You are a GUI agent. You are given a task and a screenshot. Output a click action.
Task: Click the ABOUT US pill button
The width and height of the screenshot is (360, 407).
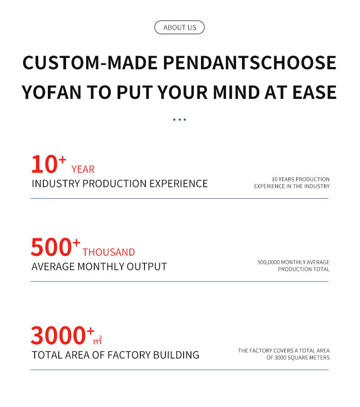pos(180,27)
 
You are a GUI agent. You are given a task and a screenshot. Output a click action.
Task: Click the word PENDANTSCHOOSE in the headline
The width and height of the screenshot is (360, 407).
pos(250,63)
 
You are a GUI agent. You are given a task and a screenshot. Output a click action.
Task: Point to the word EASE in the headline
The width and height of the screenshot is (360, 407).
pos(314,93)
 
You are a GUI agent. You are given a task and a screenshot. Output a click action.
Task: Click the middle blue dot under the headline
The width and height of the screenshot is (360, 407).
pos(180,120)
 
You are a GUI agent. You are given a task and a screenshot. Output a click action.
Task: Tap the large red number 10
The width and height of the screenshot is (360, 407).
pos(44,165)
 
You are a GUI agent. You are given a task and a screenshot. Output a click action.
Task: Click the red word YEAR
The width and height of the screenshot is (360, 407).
pos(83,170)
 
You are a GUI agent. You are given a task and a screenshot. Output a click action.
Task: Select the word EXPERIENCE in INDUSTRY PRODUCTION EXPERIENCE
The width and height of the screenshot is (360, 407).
pos(179,184)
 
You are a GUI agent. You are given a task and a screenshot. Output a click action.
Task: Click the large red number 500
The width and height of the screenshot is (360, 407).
pos(51,247)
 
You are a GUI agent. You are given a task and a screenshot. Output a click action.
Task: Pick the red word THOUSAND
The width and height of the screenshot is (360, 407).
pos(109,252)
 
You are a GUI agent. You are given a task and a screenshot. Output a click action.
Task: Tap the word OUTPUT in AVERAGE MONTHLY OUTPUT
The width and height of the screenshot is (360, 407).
pos(147,267)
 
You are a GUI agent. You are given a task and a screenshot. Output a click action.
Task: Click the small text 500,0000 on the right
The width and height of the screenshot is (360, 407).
pos(268,263)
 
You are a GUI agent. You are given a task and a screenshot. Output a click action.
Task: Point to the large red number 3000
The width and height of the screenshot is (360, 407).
pos(58,335)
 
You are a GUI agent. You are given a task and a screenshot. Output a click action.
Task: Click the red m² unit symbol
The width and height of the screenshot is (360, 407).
pos(98,340)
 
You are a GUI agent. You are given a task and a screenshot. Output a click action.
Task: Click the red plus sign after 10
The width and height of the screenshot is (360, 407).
pos(62,160)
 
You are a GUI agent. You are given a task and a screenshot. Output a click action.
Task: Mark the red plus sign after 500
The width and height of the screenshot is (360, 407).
pos(76,243)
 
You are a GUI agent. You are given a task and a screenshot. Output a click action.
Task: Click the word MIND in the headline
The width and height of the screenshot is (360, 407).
pos(236,93)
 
